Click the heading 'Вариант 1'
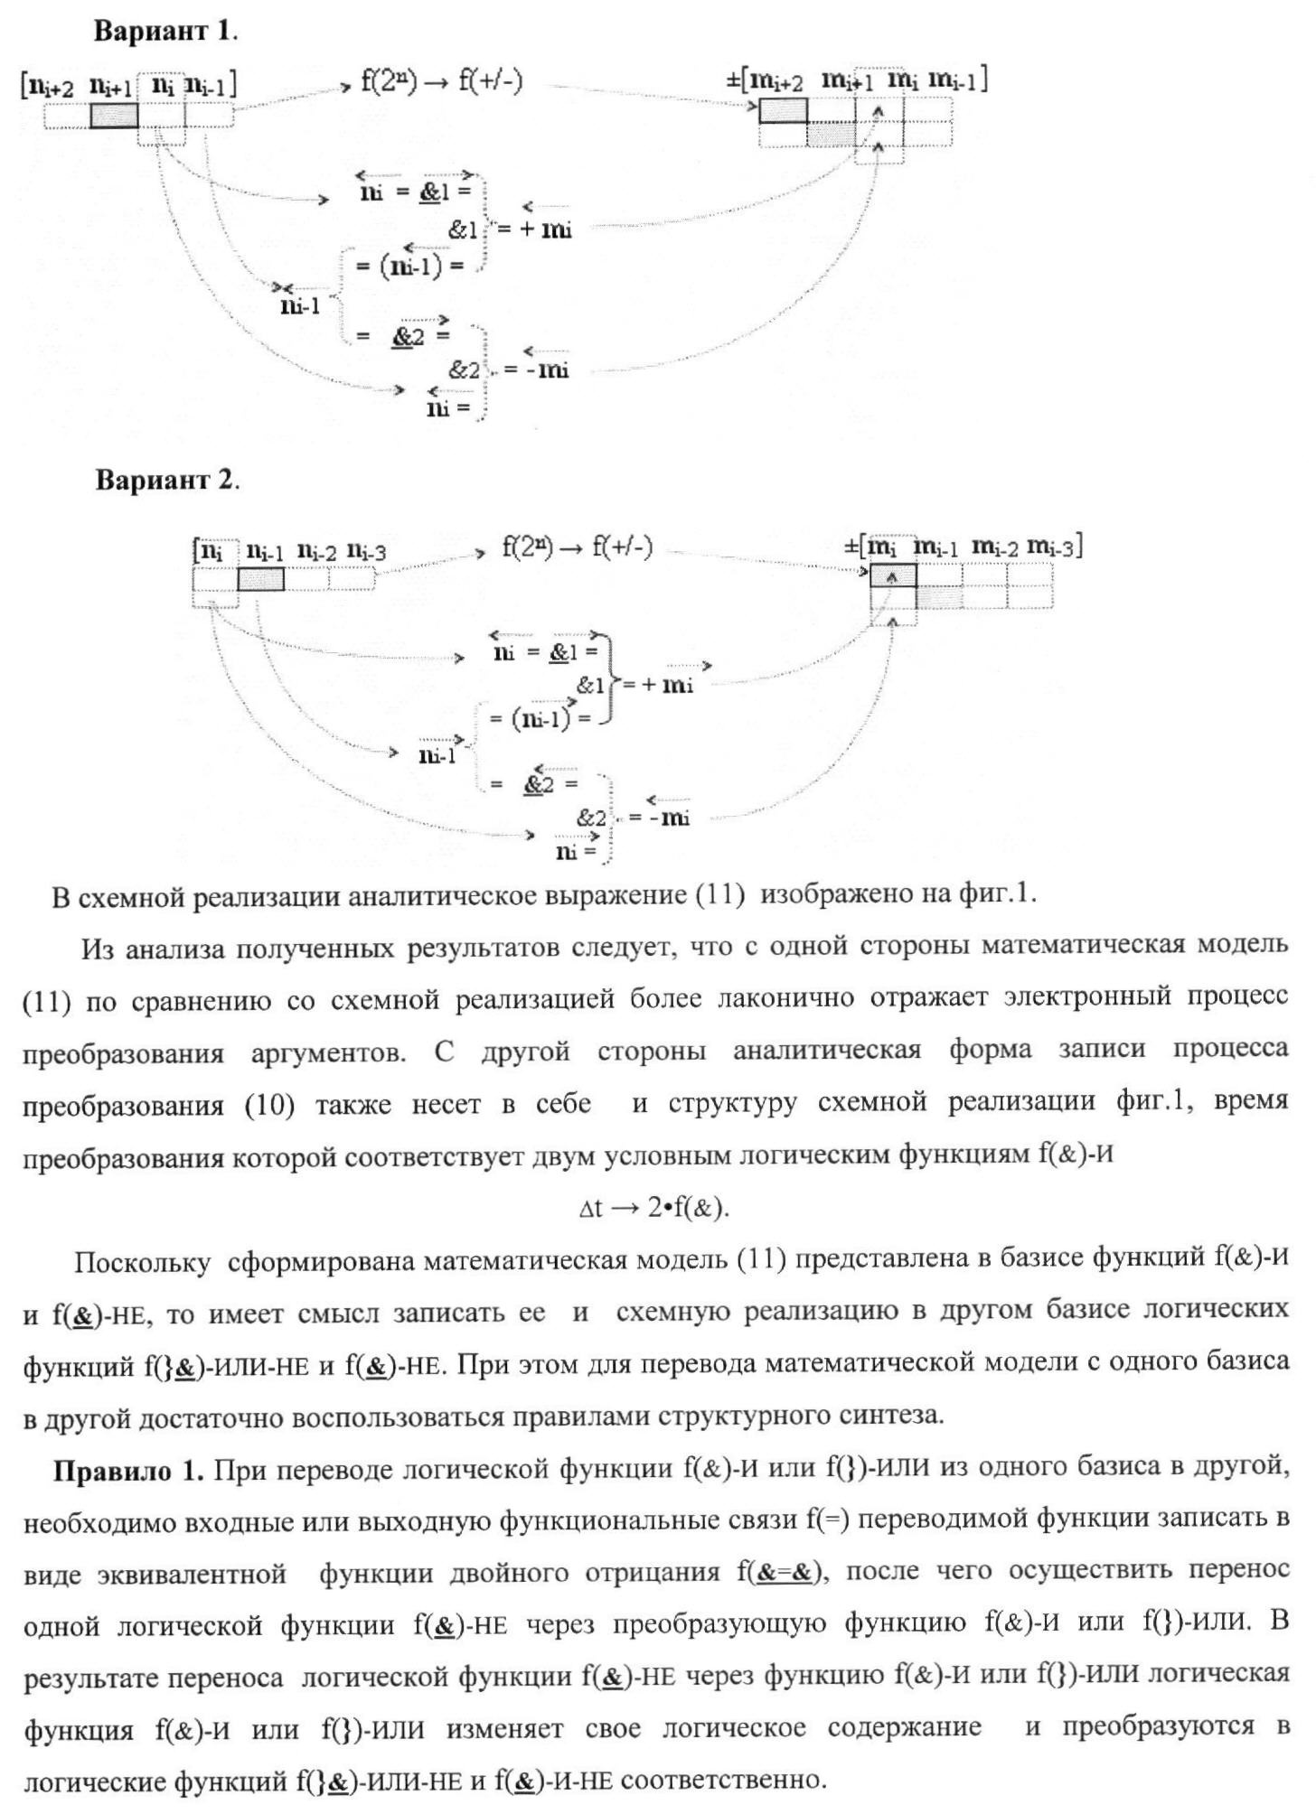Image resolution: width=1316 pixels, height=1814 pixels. tap(164, 31)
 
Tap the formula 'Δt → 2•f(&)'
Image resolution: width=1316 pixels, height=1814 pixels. tap(653, 1208)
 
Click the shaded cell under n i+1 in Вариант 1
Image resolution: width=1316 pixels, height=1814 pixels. tap(114, 116)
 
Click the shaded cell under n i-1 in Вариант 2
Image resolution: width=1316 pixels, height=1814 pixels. tap(260, 579)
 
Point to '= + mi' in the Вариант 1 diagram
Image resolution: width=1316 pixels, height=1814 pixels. tap(533, 229)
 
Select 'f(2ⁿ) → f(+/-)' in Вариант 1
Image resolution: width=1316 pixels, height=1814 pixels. tap(442, 82)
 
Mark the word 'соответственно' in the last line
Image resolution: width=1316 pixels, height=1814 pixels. tap(723, 1781)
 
